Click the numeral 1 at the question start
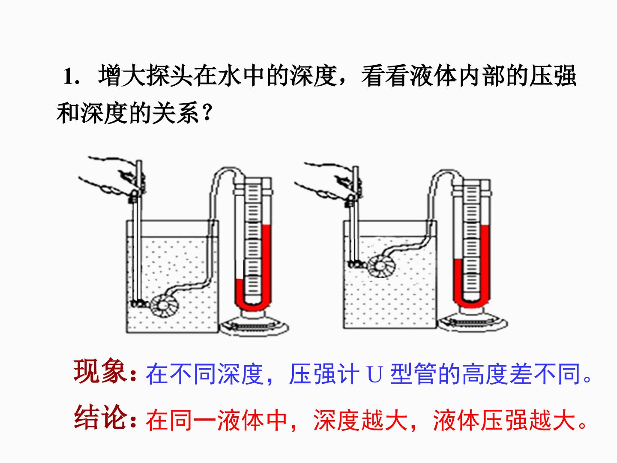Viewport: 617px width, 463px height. click(68, 76)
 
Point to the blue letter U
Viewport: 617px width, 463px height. click(375, 373)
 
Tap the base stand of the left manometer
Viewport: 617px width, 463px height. click(255, 323)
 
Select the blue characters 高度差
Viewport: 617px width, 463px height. click(497, 374)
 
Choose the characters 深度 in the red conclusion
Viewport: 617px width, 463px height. click(337, 420)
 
